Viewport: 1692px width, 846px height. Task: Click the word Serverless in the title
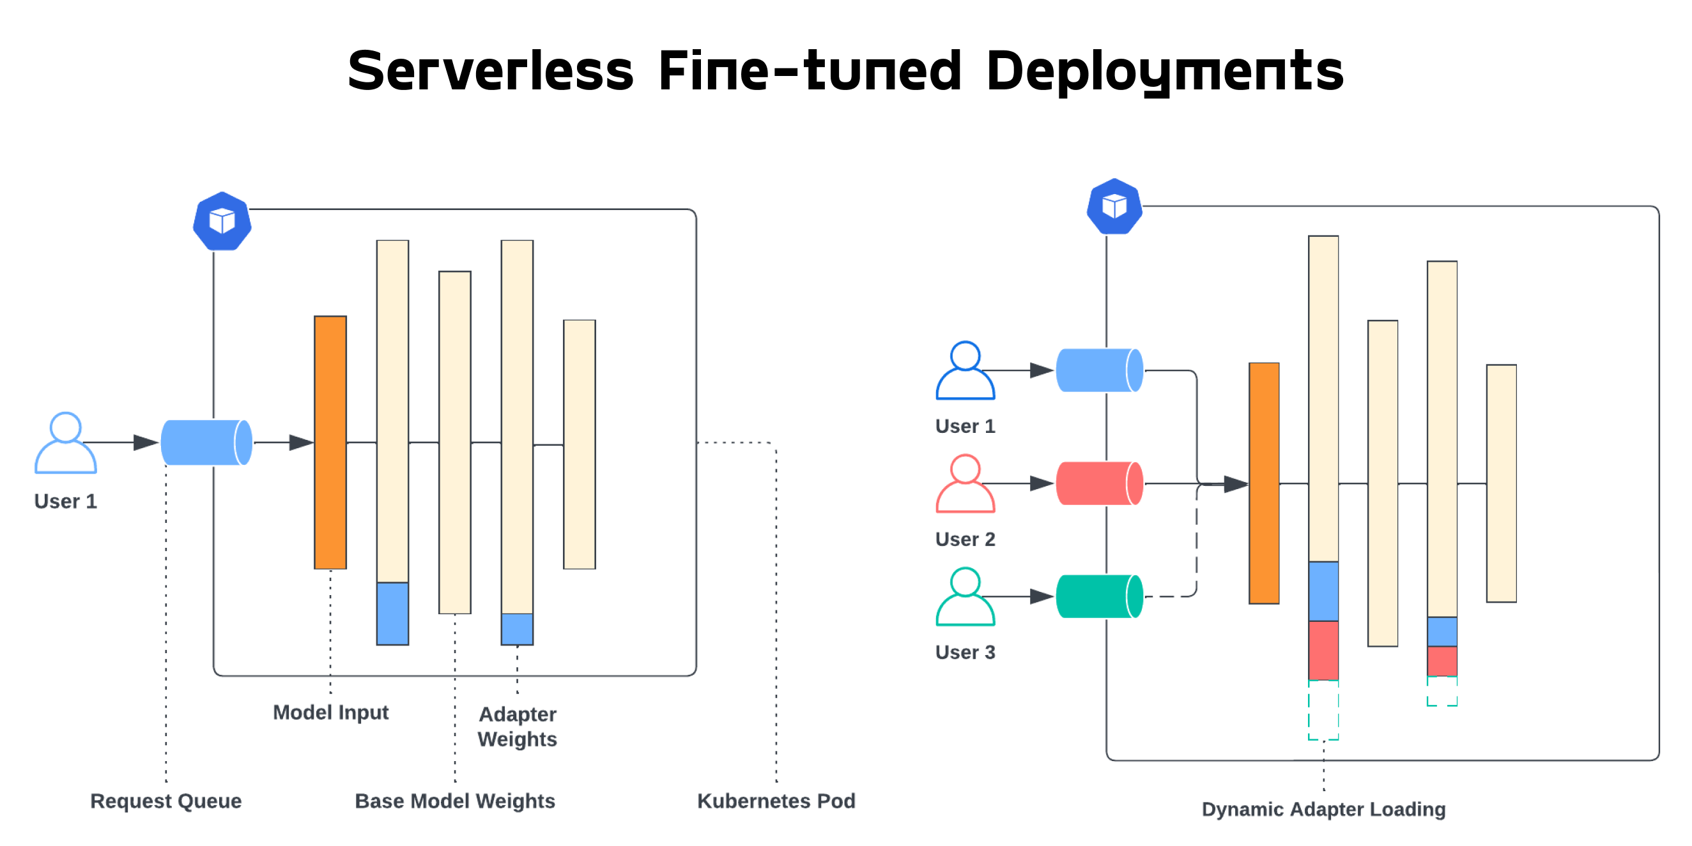pos(490,71)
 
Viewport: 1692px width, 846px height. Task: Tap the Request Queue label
pos(165,801)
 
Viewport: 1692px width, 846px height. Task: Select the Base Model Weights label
pos(454,801)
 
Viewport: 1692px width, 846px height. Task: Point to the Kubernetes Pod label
pos(776,801)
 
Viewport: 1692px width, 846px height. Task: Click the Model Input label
pos(330,712)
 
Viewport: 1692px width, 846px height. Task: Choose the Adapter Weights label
pos(518,727)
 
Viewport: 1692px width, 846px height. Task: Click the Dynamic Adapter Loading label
pos(1323,808)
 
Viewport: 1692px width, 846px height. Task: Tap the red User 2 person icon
pos(965,484)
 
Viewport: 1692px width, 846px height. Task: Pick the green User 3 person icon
pos(965,596)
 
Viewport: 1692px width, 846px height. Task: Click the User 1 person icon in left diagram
pos(66,443)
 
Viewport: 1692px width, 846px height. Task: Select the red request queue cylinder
pos(1099,484)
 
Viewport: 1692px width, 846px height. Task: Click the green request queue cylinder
pos(1099,596)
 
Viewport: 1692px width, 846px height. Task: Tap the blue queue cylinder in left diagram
pos(206,443)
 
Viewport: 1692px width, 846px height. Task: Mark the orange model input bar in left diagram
pos(330,442)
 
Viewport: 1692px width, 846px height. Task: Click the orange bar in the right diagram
pos(1264,483)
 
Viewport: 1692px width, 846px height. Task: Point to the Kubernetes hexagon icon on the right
pos(1114,207)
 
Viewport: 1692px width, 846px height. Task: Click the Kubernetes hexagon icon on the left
pos(222,221)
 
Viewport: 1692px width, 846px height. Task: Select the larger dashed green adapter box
pos(1323,710)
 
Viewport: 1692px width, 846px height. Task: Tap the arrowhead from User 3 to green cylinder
pos(1041,596)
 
